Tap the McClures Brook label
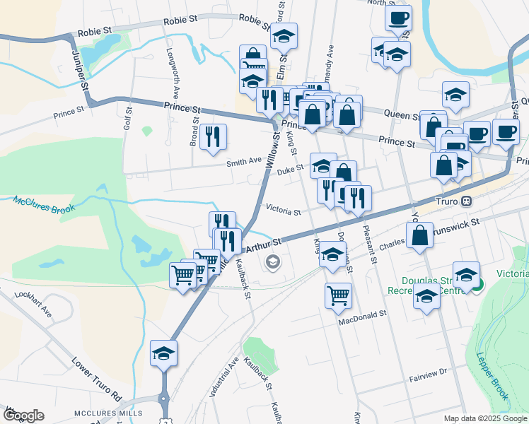[43, 203]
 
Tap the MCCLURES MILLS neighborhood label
[108, 413]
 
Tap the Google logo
[23, 416]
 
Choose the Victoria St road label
[283, 211]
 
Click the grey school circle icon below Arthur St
[272, 263]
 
